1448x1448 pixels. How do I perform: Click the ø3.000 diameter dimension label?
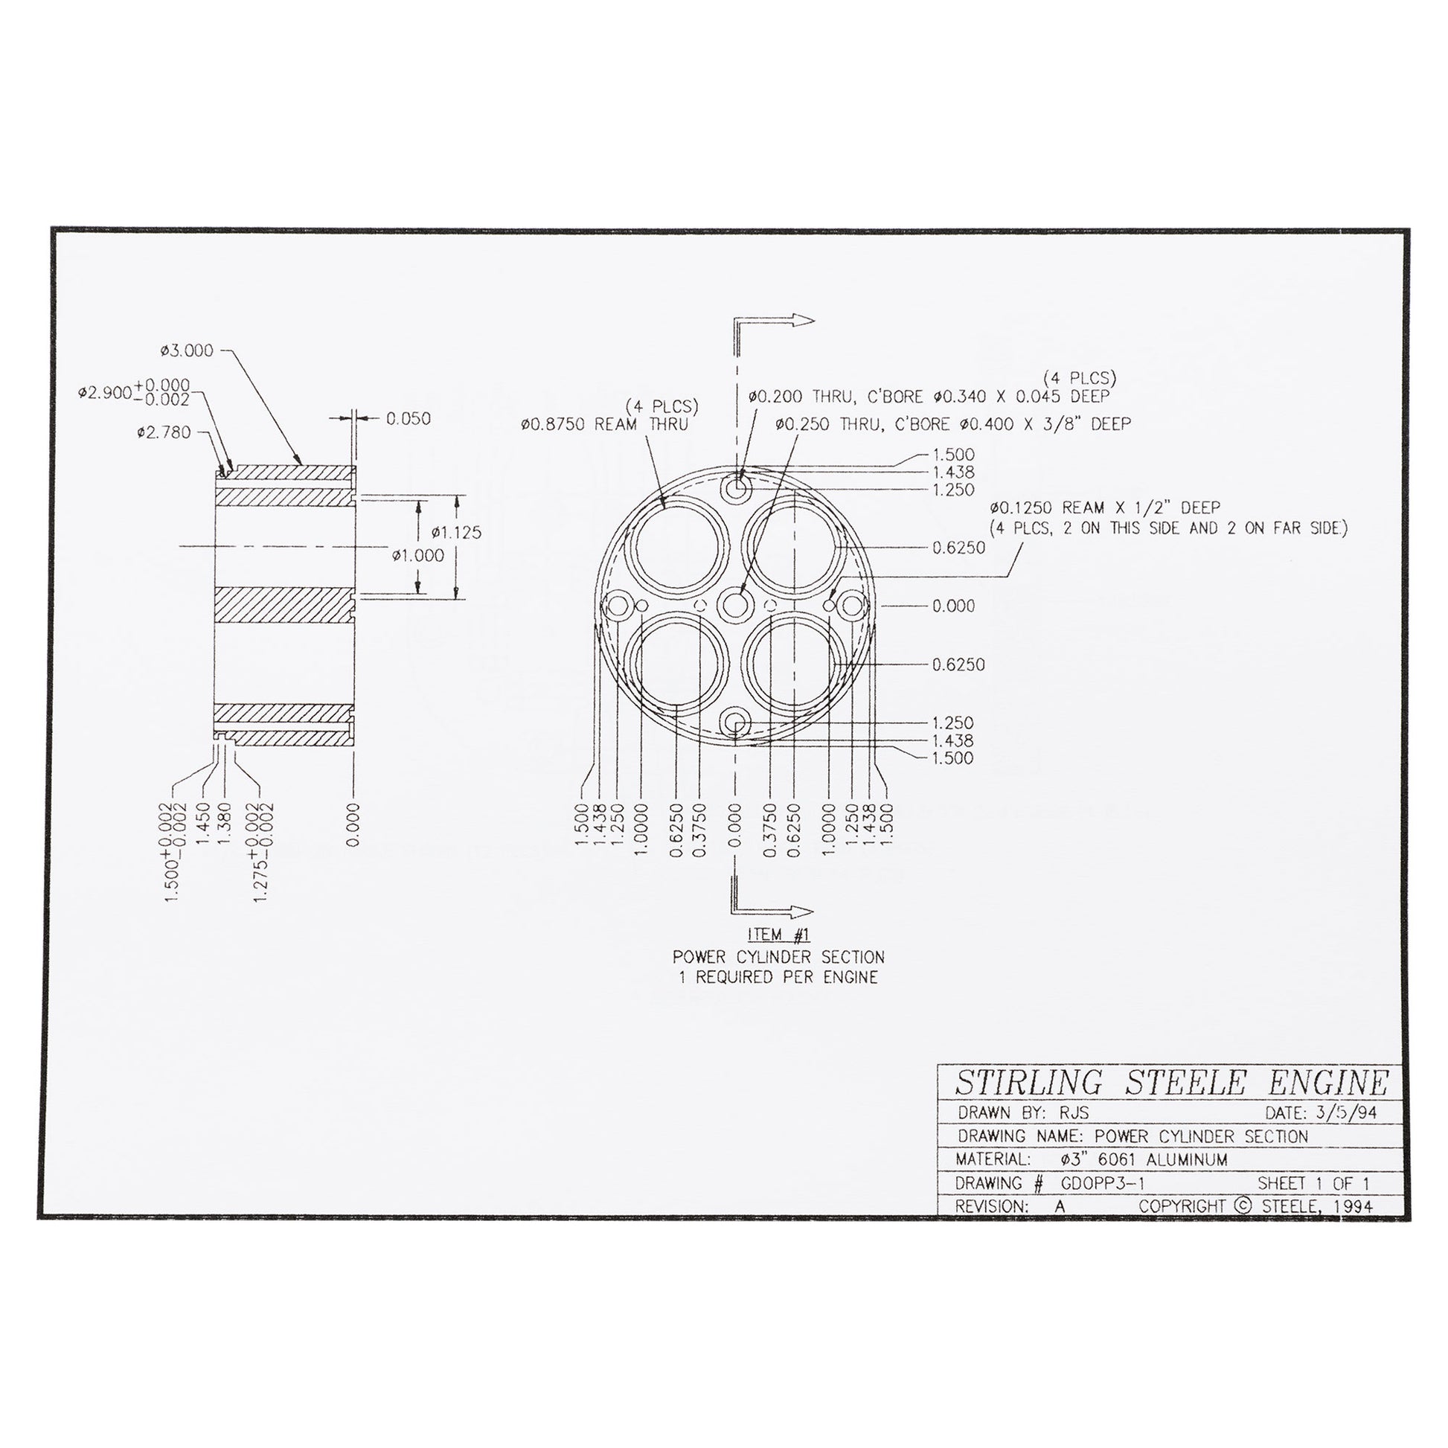[187, 350]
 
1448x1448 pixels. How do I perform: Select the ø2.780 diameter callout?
[164, 432]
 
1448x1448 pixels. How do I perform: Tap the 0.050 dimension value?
[409, 419]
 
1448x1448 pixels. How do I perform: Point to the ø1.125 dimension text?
[456, 533]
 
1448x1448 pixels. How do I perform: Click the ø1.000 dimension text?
[417, 555]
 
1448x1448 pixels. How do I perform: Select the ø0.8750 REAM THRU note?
[604, 424]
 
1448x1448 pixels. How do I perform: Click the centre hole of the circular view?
[737, 604]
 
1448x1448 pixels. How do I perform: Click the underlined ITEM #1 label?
[779, 935]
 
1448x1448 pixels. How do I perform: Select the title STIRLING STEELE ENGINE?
[1171, 1083]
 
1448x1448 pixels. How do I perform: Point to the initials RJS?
[1074, 1113]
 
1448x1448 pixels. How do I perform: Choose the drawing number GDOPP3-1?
[1103, 1183]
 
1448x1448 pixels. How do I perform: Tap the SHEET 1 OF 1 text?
[1313, 1183]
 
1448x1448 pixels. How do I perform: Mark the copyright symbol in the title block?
[1242, 1206]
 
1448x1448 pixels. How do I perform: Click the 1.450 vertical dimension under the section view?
[202, 823]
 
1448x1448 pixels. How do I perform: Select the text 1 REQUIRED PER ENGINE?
[779, 977]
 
